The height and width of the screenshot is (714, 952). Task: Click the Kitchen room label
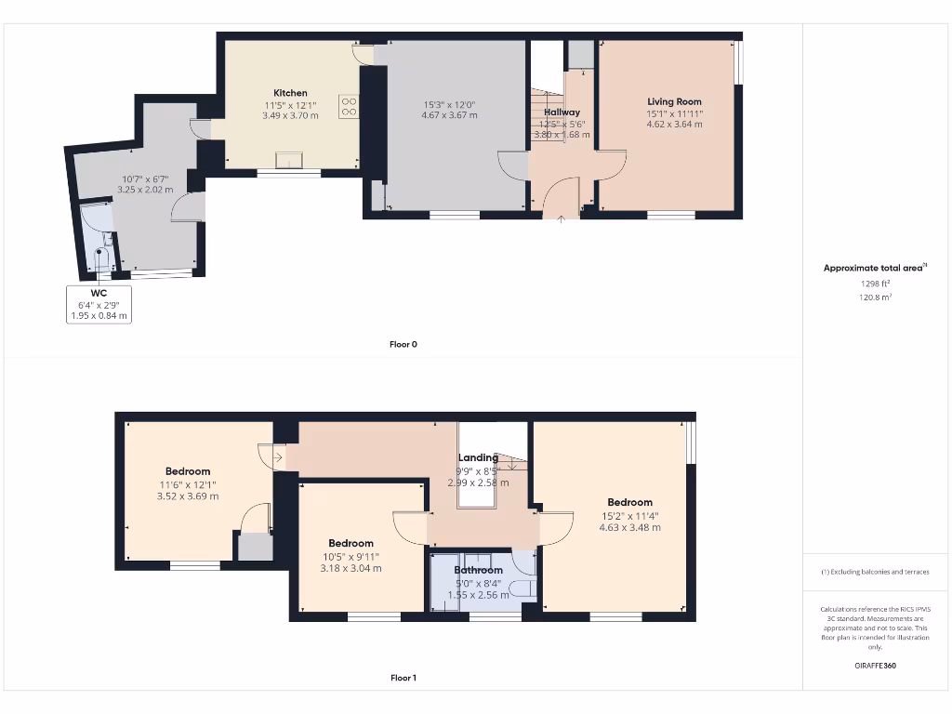(290, 93)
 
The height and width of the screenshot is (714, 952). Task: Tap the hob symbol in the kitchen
(350, 107)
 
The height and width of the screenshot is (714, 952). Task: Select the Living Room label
(674, 101)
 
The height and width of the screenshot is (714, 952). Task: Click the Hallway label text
(562, 112)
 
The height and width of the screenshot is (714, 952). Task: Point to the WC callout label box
(99, 304)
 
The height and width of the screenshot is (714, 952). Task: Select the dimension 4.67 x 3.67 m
(449, 115)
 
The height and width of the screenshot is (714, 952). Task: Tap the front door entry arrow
(561, 218)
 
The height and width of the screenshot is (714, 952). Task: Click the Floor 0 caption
(403, 344)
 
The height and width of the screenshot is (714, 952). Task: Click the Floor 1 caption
(403, 678)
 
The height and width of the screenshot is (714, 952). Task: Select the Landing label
(478, 457)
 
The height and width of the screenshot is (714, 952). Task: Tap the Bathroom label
(478, 570)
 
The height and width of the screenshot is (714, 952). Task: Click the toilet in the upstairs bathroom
(524, 588)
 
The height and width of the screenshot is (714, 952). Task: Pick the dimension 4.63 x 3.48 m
(629, 527)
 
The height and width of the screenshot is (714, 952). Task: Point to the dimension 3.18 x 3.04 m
(350, 568)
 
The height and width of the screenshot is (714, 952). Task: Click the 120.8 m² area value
(874, 297)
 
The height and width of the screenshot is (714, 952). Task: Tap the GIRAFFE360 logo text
(874, 666)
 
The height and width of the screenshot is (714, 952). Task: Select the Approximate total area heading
(873, 268)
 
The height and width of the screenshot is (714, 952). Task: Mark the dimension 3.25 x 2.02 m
(145, 190)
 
